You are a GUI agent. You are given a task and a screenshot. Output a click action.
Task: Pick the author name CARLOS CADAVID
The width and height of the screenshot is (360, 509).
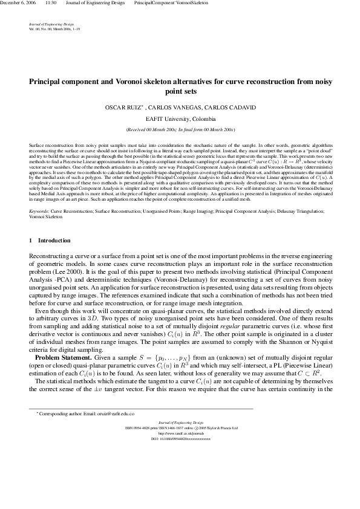[x=218, y=108]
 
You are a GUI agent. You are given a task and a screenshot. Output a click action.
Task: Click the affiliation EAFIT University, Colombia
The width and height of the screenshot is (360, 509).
[x=180, y=119]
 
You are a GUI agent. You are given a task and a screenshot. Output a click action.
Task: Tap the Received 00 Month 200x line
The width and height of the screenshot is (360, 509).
[x=180, y=130]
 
